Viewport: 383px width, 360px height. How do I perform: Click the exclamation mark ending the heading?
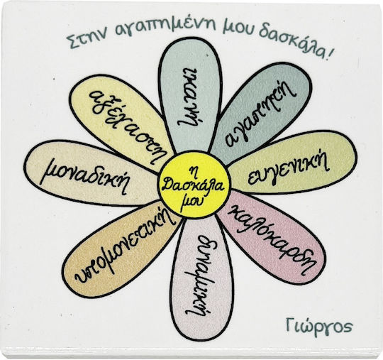(x=329, y=53)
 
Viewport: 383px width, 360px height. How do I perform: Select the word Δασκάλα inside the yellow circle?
(x=193, y=185)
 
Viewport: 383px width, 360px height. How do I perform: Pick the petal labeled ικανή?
(x=191, y=95)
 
